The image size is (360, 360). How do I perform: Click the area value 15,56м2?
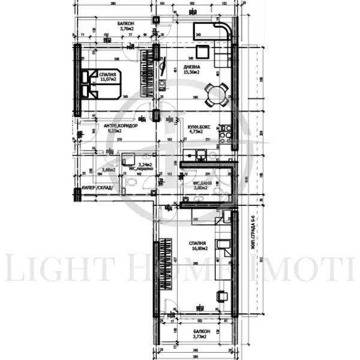(x=192, y=73)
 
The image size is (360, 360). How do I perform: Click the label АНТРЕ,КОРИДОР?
(x=121, y=126)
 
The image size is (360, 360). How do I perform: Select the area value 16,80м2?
(x=199, y=248)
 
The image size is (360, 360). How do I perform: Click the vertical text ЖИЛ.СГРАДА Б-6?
(x=253, y=233)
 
